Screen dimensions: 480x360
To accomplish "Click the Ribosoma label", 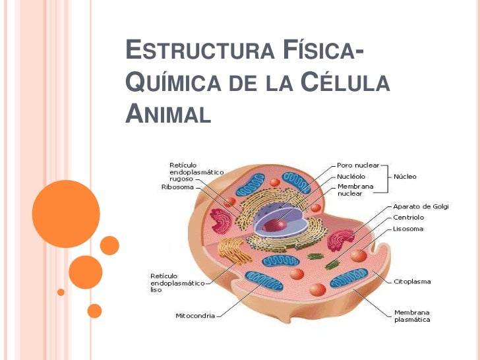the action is [177, 187].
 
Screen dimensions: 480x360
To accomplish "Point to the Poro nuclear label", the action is [359, 165].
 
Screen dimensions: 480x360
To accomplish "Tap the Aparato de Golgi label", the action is [421, 206].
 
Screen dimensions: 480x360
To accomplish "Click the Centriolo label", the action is [408, 217].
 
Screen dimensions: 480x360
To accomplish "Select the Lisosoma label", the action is [408, 229].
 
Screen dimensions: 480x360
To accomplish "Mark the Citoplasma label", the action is [412, 282].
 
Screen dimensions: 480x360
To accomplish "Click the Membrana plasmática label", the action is [412, 316].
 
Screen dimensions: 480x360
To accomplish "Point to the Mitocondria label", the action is [195, 316].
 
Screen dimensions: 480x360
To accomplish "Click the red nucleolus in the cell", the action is [272, 224].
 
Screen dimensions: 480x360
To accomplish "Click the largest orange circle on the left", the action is [66, 213].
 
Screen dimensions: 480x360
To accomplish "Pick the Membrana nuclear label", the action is [355, 191].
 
